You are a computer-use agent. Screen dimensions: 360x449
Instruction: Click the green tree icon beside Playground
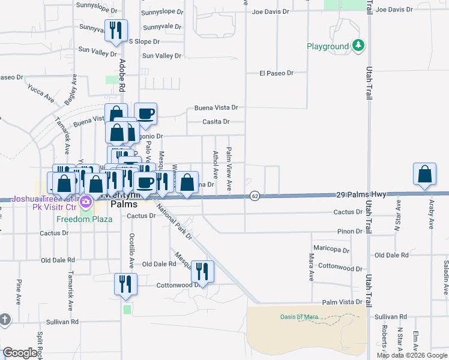(x=358, y=46)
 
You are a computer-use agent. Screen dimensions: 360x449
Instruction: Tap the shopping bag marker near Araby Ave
(x=424, y=175)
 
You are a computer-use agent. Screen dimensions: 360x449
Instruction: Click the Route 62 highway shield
(x=255, y=196)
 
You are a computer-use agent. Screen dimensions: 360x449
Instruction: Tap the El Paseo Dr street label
(x=276, y=73)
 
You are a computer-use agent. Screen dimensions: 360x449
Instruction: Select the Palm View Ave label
(x=229, y=170)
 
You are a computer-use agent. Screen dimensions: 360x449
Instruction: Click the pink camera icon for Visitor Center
(x=86, y=201)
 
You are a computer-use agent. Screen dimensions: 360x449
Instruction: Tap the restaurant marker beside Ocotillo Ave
(x=125, y=283)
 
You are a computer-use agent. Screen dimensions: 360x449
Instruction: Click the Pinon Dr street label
(x=350, y=231)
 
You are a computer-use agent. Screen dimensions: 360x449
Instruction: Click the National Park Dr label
(x=173, y=223)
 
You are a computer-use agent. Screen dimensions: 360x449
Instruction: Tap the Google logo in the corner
(x=20, y=353)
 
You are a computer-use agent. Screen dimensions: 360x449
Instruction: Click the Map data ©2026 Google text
(x=412, y=355)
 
